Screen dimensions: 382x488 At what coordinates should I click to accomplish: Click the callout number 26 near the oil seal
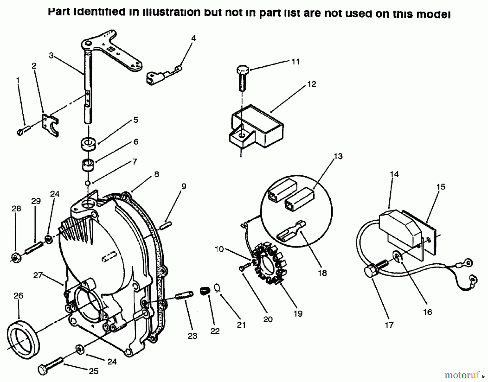pos(18,295)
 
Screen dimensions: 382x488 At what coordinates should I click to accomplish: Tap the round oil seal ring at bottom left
pos(23,339)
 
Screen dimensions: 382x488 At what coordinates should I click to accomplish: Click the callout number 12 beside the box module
pos(312,84)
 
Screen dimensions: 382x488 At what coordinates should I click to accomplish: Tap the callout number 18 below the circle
pos(322,273)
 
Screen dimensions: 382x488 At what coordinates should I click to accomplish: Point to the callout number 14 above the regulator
pos(394,174)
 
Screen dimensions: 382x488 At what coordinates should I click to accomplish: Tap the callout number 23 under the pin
pos(192,336)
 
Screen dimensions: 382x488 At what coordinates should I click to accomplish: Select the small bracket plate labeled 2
pos(50,124)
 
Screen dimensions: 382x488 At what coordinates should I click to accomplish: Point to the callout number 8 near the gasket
pos(156,174)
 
